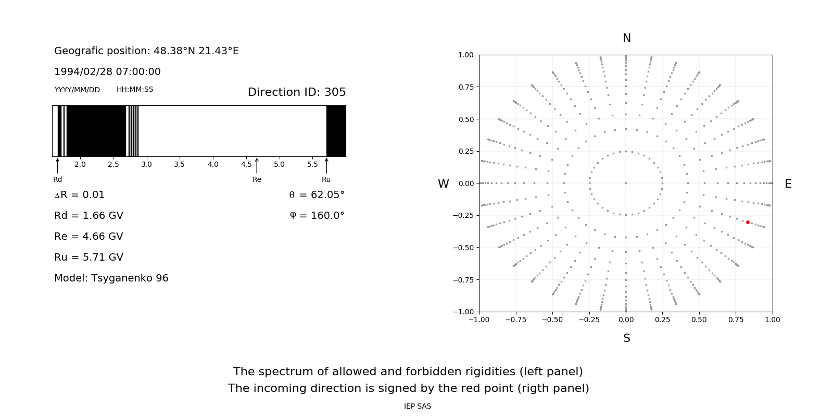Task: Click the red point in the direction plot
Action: coord(748,222)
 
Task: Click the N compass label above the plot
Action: coord(627,38)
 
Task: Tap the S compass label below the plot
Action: coord(627,338)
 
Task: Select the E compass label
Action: coord(788,184)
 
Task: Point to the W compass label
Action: coord(444,184)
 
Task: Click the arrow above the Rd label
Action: coord(57,165)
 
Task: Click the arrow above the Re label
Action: coord(257,165)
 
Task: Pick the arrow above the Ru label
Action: coord(326,165)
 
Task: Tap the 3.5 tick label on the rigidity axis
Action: coord(180,165)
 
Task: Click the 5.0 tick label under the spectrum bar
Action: coord(279,165)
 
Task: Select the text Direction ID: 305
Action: coord(297,92)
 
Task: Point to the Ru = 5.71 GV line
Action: coord(89,257)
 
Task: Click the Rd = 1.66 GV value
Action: coord(89,215)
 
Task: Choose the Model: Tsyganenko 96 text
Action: coord(111,278)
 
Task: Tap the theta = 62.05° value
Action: coord(317,195)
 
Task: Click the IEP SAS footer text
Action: coord(418,406)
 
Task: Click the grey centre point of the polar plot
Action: coord(626,183)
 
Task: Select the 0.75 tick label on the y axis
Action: coord(465,87)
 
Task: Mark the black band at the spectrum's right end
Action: coord(336,131)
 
